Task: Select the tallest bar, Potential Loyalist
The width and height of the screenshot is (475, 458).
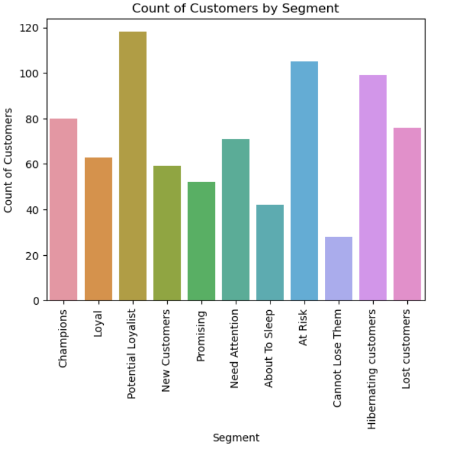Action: click(132, 166)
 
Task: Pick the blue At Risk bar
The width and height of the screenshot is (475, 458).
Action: click(304, 181)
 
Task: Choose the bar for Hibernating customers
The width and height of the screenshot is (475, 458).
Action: click(373, 187)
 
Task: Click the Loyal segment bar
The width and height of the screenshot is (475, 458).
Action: click(98, 229)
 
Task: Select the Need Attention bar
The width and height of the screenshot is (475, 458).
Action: click(236, 220)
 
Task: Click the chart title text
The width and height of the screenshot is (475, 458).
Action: click(235, 9)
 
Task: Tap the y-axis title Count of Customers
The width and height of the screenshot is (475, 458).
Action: click(9, 160)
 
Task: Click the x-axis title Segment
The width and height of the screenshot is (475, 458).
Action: click(236, 438)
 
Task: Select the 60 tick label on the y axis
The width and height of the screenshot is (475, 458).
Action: click(32, 164)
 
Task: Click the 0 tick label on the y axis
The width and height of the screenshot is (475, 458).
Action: click(35, 300)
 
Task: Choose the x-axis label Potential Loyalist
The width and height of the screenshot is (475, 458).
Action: click(132, 355)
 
